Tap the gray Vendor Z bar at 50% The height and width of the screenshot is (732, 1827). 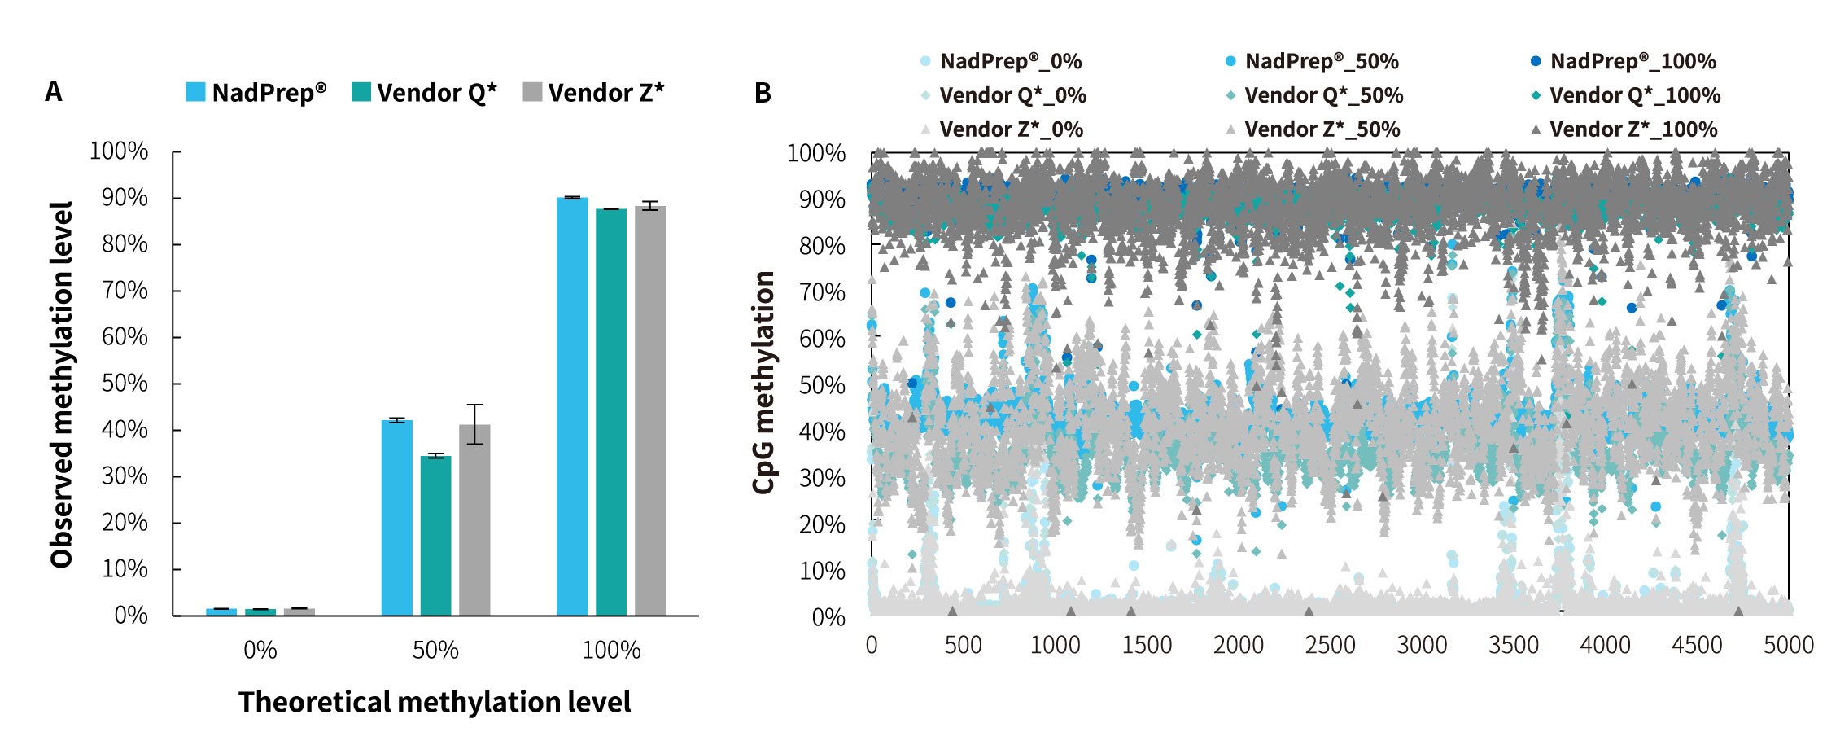pos(474,521)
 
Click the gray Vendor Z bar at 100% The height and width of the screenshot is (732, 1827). pos(650,410)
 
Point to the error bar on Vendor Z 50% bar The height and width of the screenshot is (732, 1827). pos(474,423)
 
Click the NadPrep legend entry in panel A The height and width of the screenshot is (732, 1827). pos(256,92)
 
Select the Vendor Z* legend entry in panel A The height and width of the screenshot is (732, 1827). pos(593,92)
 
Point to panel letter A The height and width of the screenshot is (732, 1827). pos(54,91)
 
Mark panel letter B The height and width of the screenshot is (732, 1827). pos(763,93)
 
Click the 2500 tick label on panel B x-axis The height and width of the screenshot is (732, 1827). pos(1330,645)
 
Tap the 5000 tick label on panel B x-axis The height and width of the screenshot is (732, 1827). pos(1788,645)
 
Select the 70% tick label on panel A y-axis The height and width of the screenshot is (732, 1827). pos(125,290)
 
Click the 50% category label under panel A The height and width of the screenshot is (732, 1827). pos(435,650)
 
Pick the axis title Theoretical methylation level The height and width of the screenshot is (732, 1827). pos(435,702)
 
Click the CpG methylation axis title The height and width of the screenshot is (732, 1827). pos(763,383)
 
